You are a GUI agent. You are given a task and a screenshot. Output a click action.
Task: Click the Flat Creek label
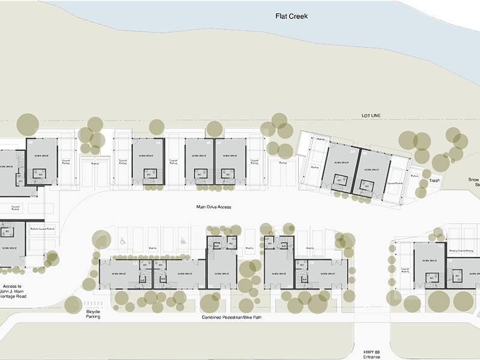coord(291,16)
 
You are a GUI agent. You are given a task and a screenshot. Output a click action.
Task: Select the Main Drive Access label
coord(214,207)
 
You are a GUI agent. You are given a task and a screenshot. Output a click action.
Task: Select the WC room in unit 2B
coord(367,185)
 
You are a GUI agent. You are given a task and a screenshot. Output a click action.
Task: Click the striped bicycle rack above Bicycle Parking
coord(93,303)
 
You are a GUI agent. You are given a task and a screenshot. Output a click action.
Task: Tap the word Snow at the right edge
coord(474,179)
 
